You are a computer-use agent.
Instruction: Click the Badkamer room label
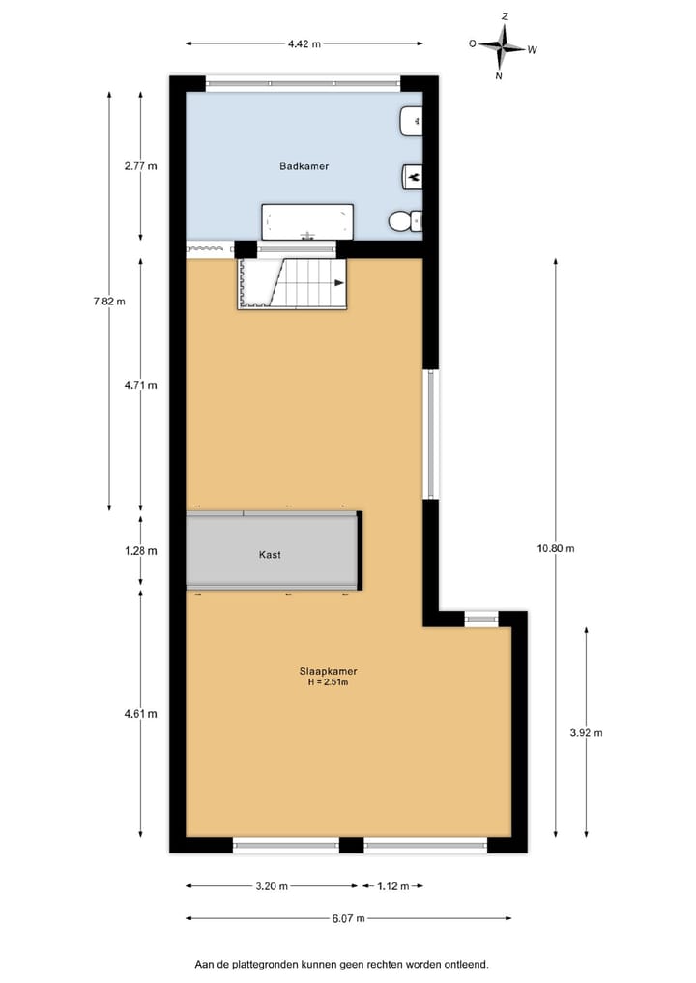coord(304,166)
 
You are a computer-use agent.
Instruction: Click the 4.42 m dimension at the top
coord(304,43)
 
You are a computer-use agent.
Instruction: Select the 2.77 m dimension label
coord(140,166)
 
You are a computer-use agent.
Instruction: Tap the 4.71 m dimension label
coord(140,385)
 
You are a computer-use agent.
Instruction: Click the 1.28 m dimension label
coord(140,550)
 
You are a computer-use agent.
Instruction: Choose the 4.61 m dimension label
coord(140,714)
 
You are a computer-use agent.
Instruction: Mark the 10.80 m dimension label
coord(556,548)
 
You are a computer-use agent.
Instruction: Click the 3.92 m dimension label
coord(587,732)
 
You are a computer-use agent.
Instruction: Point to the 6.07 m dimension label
coord(348,918)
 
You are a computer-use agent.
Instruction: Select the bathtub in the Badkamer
coord(306,221)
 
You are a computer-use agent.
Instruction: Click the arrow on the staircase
coord(339,283)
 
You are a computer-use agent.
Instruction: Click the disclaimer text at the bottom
coord(341,964)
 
